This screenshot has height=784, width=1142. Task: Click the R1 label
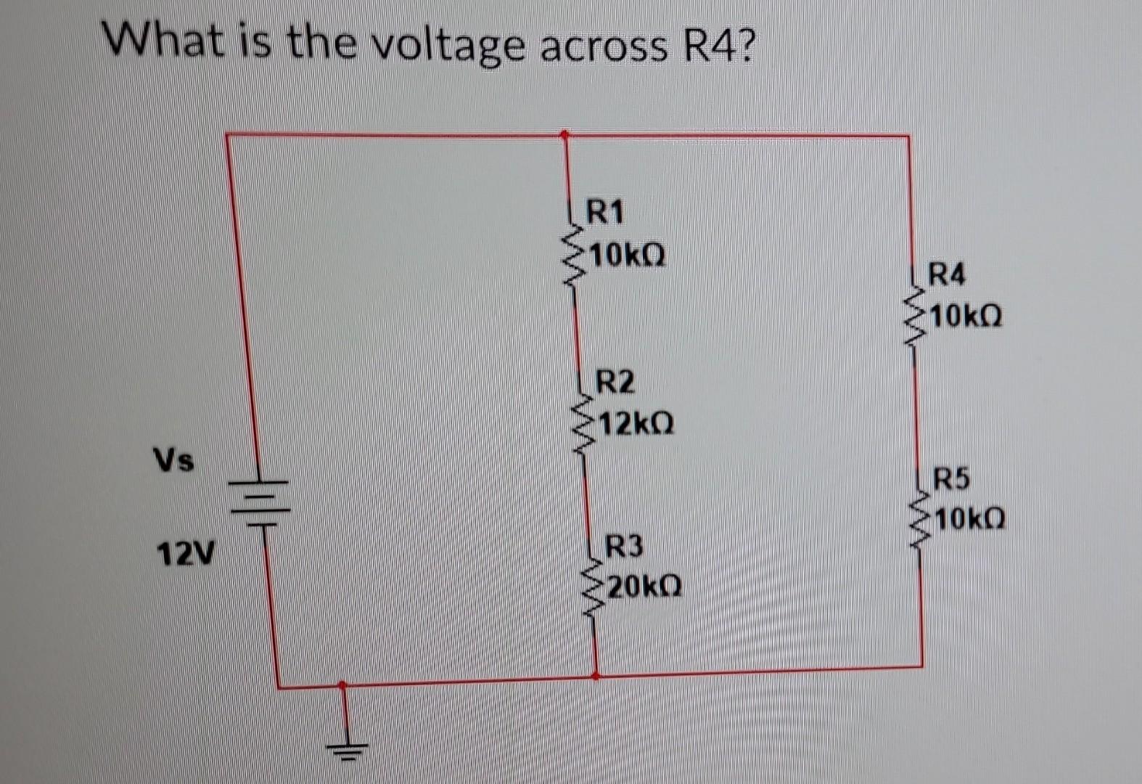tap(604, 213)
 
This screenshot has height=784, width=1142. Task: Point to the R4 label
tap(947, 276)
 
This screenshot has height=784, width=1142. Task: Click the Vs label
tap(173, 460)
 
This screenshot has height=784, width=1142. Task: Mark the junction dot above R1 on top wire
tap(564, 134)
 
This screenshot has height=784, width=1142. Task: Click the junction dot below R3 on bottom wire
tap(596, 676)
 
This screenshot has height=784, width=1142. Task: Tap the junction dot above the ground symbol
tap(342, 684)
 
